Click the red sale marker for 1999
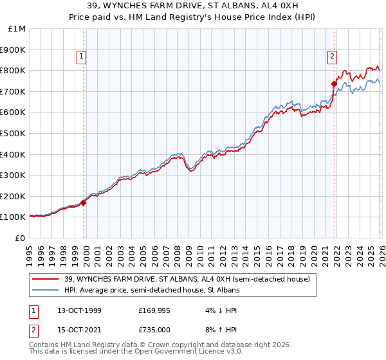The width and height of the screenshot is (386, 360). click(x=84, y=202)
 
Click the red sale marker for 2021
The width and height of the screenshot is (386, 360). click(x=334, y=83)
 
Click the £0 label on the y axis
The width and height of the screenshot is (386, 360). click(x=21, y=238)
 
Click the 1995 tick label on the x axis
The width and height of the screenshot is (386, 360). click(x=30, y=251)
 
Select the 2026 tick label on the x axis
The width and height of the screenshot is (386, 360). click(x=381, y=251)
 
